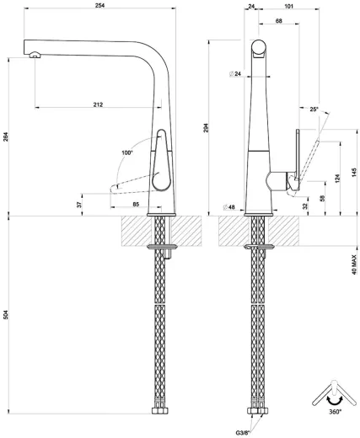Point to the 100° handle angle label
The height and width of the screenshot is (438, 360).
(x=127, y=152)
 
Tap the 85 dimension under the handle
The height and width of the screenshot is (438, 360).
(x=135, y=203)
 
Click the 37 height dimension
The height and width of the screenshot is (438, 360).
(x=80, y=204)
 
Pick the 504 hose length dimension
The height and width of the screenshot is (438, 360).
(x=6, y=315)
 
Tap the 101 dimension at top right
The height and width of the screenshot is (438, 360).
(x=288, y=7)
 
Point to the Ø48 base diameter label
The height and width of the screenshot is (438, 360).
(x=228, y=206)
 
